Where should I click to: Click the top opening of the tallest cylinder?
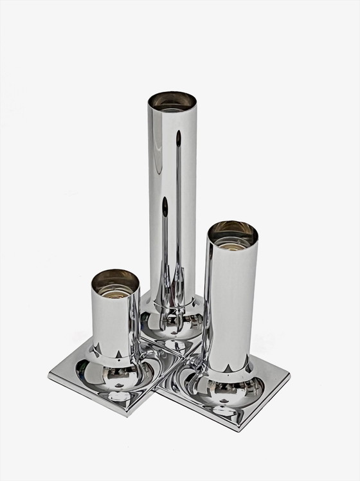coord(172,101)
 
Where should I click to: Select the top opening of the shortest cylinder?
coord(115,279)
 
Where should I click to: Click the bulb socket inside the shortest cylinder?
coord(115,284)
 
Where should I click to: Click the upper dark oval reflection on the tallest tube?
coord(179,138)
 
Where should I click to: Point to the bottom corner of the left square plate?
coord(131,415)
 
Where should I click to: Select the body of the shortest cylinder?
coord(114,322)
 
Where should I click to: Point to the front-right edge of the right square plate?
coord(265,401)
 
